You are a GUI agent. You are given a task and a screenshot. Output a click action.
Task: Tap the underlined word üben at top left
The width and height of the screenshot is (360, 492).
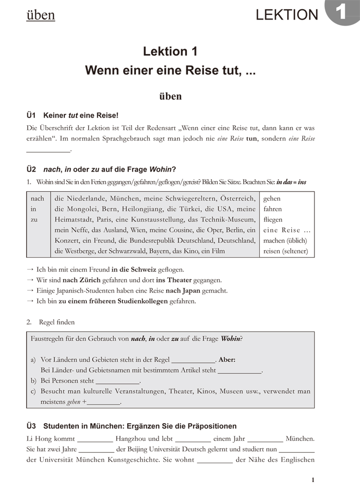[x=40, y=15]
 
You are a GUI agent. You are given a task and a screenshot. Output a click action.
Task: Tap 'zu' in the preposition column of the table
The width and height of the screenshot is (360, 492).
[x=34, y=220]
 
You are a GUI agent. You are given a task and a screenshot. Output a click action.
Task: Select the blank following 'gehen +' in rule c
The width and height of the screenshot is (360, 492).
[x=104, y=402]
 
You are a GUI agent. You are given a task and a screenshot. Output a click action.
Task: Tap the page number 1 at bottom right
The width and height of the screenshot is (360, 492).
[x=313, y=480]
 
